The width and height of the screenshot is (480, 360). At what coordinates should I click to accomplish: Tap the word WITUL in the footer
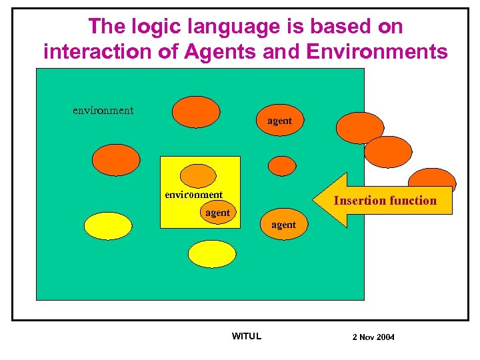(246, 336)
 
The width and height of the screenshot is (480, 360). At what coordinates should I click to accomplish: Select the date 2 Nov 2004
(373, 337)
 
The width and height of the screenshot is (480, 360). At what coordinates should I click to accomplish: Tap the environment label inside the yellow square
(194, 195)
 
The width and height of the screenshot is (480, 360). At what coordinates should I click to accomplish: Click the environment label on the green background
(103, 110)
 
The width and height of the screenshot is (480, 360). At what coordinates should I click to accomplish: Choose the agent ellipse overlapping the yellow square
(217, 213)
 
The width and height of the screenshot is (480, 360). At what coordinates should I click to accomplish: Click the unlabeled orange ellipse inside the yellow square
(199, 175)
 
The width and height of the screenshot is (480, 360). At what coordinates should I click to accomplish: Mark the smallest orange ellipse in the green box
(282, 165)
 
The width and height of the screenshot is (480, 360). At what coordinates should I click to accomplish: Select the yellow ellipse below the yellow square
(212, 253)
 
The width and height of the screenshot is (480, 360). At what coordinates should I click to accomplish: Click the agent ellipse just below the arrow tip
(283, 225)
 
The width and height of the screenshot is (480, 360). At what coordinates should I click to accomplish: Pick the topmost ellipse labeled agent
(280, 121)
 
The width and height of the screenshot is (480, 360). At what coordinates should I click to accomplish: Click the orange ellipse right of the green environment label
(195, 111)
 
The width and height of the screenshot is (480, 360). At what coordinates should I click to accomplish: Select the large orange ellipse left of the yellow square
(116, 159)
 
